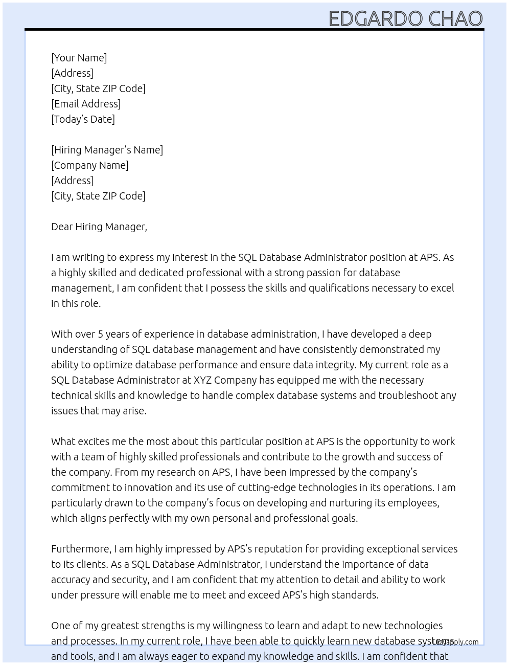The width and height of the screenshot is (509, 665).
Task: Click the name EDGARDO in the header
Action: [x=376, y=18]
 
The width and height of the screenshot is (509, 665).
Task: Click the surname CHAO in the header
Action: [x=455, y=18]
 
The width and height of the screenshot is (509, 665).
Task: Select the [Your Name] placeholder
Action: [x=79, y=58]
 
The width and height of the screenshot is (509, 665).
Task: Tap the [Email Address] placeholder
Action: [x=86, y=104]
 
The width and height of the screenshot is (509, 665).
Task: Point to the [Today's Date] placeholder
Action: [x=83, y=119]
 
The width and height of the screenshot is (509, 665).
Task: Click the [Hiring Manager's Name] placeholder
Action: [x=107, y=150]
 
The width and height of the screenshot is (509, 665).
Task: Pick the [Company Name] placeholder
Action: [x=90, y=165]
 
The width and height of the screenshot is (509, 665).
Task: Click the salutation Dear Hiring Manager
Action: [x=99, y=227]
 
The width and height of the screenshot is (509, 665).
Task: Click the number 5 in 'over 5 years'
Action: [x=101, y=334]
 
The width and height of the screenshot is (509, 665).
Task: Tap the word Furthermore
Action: [x=81, y=549]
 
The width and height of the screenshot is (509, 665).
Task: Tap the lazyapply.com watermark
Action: [x=455, y=641]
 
